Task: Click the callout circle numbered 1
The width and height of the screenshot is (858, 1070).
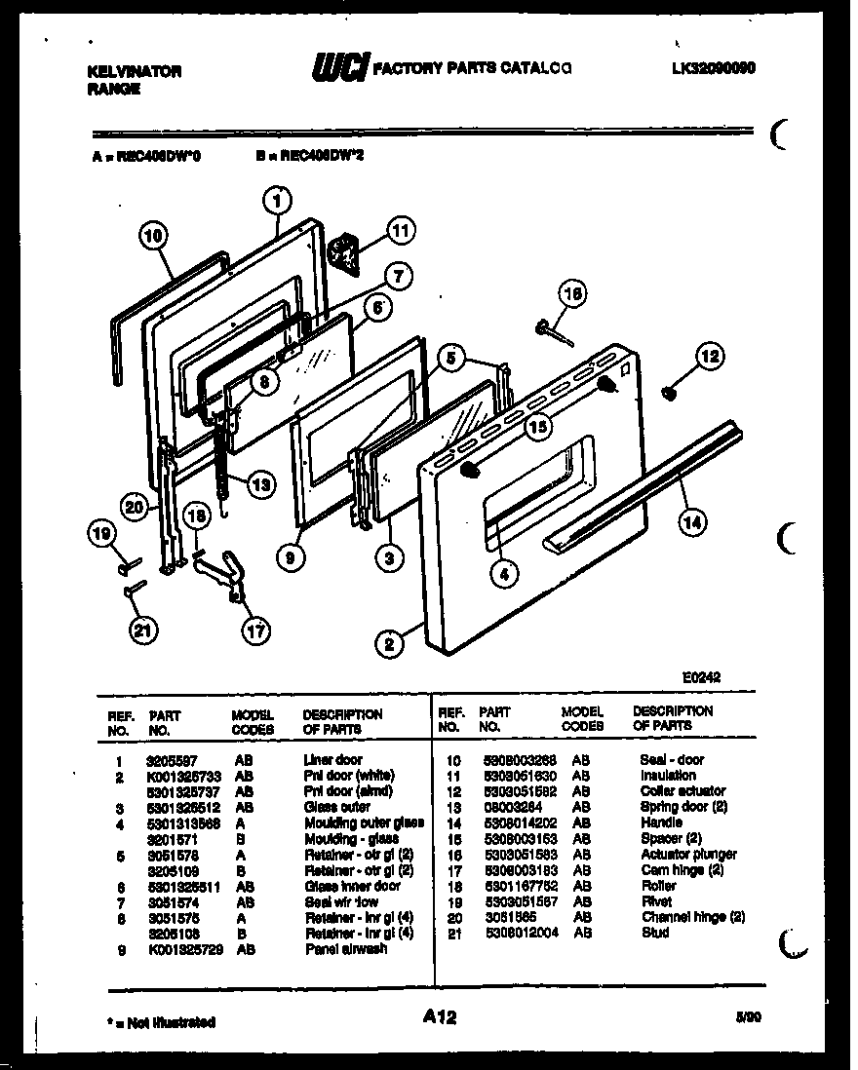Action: click(x=278, y=201)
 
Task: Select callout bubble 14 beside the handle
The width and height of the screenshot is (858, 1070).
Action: click(x=691, y=522)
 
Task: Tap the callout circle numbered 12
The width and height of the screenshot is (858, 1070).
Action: click(x=709, y=358)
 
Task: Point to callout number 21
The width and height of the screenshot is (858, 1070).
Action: click(x=143, y=631)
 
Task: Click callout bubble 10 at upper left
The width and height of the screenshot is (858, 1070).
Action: click(x=154, y=235)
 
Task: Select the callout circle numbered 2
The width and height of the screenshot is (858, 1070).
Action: click(x=389, y=643)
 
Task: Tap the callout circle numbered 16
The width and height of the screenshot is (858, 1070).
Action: click(x=574, y=293)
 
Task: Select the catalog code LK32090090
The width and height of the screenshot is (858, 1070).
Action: click(x=714, y=68)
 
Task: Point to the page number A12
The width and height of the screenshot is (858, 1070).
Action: click(x=440, y=1017)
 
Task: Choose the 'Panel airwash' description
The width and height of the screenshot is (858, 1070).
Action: click(x=345, y=948)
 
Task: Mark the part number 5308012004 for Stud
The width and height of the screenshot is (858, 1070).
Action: click(x=515, y=933)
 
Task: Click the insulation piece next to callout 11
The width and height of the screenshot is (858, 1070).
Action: click(x=343, y=251)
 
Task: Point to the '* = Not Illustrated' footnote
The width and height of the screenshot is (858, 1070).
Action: click(x=161, y=1022)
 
